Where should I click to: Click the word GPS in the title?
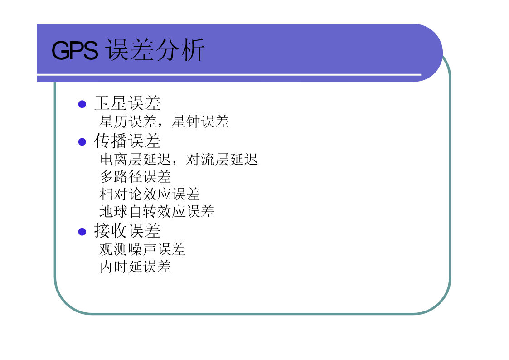point(75,51)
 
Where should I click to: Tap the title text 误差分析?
point(155,50)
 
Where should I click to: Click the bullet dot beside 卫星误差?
point(82,104)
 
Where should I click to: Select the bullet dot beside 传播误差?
point(82,142)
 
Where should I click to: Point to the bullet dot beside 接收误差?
point(82,232)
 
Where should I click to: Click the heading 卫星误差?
point(127,103)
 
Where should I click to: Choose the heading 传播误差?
point(127,141)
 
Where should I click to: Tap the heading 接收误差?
point(127,231)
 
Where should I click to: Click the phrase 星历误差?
point(128,122)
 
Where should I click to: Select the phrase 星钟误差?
point(200,122)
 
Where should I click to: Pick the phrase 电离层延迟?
point(136,160)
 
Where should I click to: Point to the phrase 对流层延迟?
point(222,160)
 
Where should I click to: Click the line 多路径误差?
point(136,177)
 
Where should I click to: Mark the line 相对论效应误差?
point(150,194)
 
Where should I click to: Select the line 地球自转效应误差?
point(157,211)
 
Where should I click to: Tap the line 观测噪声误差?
point(142,249)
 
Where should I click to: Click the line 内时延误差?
point(136,267)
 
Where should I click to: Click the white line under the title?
point(229,75)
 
